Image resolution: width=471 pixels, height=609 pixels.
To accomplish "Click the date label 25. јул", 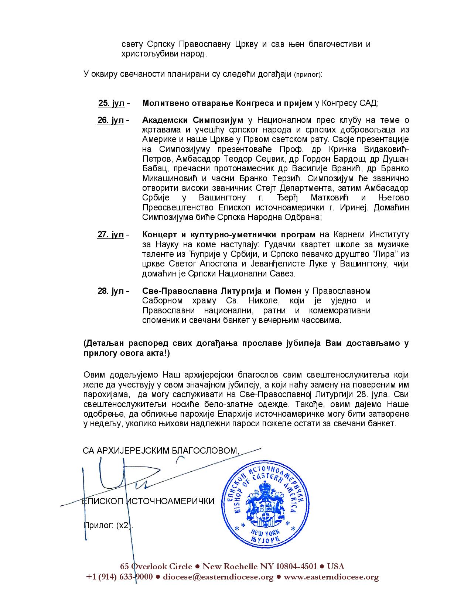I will click(111, 103).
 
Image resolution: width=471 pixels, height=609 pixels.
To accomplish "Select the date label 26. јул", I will click(110, 121).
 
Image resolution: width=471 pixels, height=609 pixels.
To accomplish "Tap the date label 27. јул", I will click(110, 235).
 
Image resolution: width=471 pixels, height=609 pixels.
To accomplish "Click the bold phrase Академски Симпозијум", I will click(192, 121).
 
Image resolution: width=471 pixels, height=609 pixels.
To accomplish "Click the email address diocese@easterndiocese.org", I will click(218, 577).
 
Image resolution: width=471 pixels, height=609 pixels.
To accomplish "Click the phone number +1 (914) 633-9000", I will click(119, 577).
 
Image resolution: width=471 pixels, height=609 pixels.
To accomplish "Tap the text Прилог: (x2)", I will click(108, 526).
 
